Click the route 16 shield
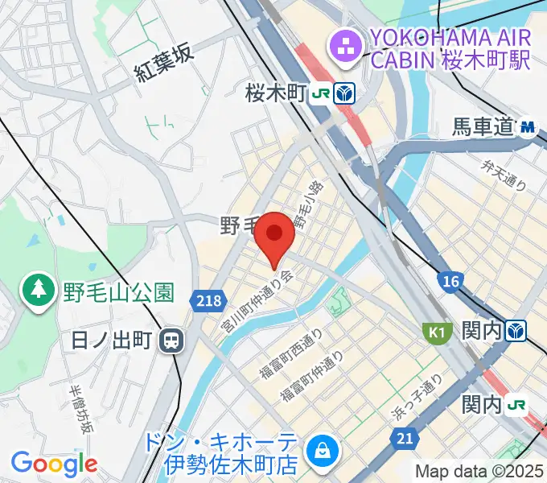451,280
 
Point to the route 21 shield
405,438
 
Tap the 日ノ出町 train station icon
171,341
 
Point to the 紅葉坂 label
164,64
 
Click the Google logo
54,463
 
